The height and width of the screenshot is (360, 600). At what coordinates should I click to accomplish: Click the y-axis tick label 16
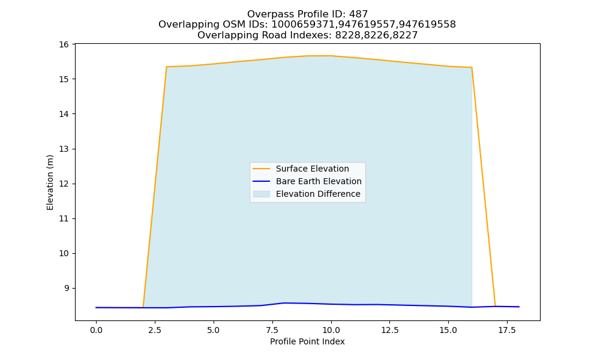coord(64,44)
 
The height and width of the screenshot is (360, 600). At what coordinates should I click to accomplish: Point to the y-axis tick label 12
coord(64,184)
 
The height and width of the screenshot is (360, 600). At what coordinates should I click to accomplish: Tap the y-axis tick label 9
coord(67,288)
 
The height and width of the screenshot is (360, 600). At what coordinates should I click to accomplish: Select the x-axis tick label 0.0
coord(96,330)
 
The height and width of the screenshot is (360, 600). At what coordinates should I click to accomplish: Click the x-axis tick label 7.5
coord(272,330)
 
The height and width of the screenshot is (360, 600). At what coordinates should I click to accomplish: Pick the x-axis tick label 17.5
coord(507,330)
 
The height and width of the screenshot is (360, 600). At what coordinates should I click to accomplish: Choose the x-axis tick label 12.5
coord(389,330)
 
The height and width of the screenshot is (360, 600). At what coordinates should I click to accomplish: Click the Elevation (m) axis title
coord(50,182)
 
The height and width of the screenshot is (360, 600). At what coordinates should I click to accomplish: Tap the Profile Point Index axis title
coord(307,341)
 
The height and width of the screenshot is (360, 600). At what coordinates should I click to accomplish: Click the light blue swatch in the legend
coord(262,194)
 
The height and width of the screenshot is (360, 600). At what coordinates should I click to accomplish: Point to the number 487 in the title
coord(358,14)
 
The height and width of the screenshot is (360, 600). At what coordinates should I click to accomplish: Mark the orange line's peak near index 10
coord(331,56)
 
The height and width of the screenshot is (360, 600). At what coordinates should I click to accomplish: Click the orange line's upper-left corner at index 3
coord(166,67)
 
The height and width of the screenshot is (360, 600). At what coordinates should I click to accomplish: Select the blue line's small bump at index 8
coord(284,303)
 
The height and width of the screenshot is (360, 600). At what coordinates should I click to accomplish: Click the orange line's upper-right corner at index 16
coord(472,67)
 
